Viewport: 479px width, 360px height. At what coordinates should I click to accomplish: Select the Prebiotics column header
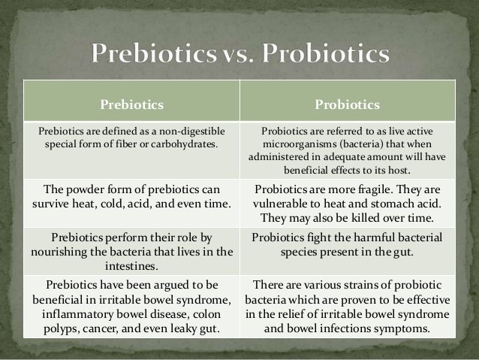coord(132,104)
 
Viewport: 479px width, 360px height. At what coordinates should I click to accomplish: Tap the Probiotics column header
coord(348,104)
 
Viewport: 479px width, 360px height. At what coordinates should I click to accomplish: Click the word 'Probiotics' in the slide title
coord(326,53)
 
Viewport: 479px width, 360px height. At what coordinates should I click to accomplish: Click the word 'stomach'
coord(391,204)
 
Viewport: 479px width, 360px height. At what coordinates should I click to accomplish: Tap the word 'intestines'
coord(131,266)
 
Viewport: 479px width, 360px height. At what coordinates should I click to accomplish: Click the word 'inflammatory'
coord(78,314)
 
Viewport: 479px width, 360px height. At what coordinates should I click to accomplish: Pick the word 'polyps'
coord(60,328)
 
